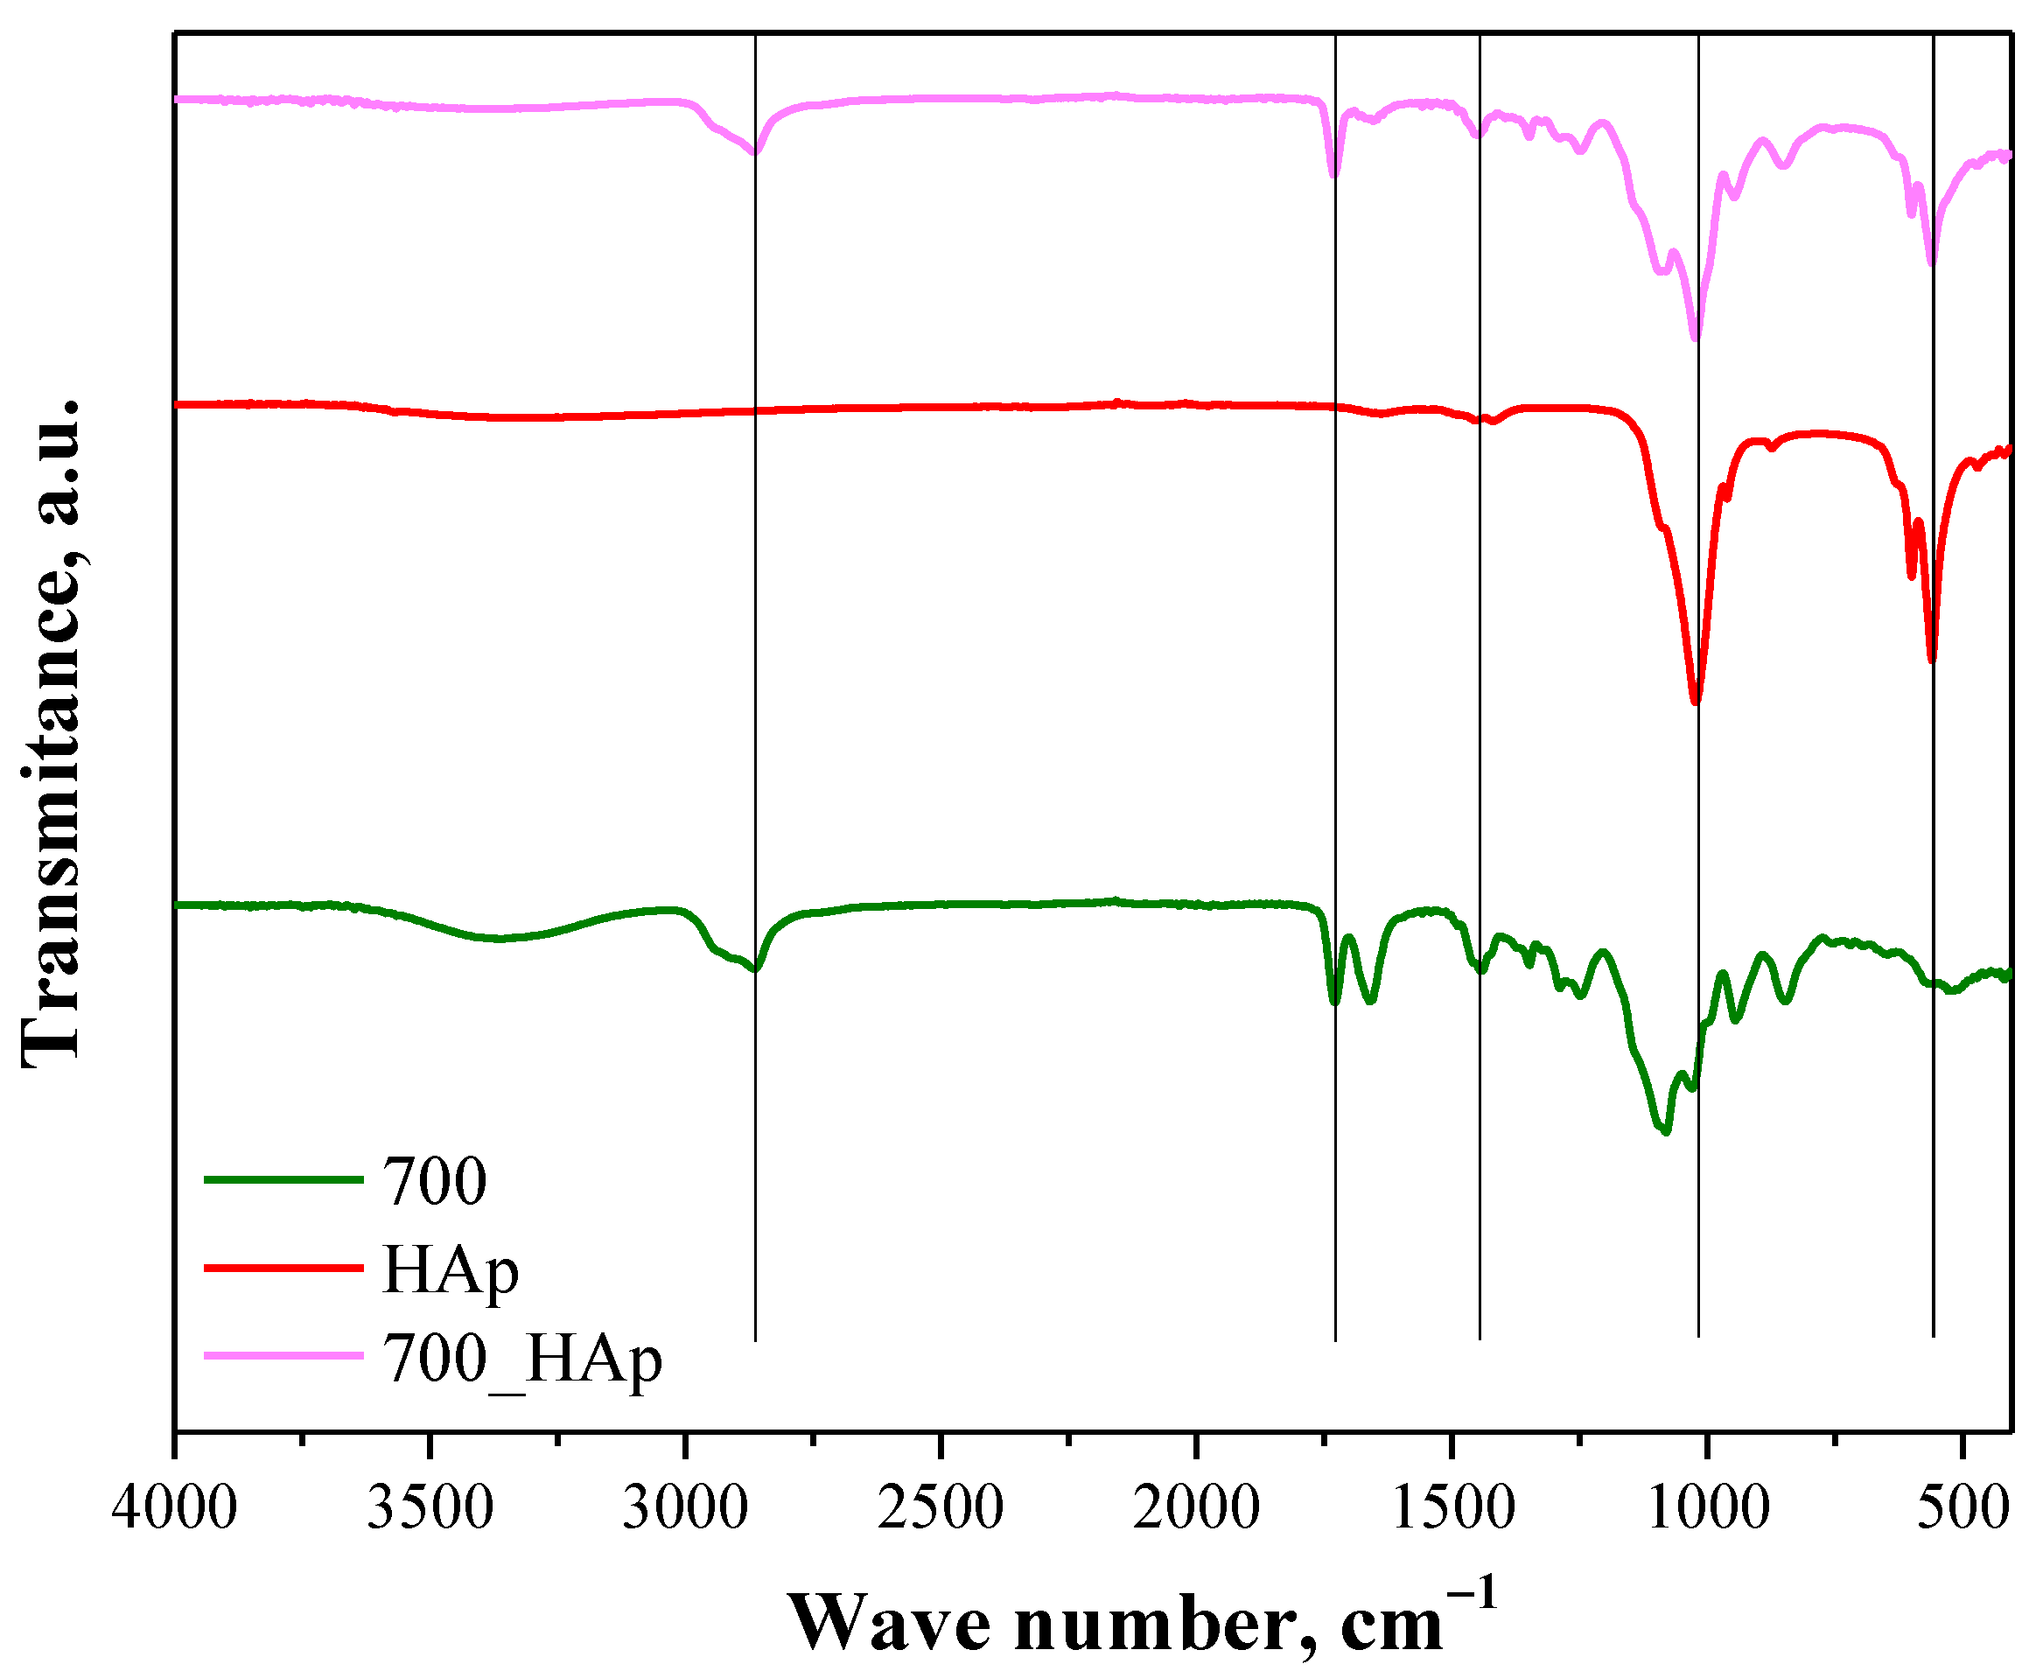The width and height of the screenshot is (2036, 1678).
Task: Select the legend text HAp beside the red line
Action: click(x=451, y=1269)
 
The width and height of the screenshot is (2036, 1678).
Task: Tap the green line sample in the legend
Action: click(x=283, y=1179)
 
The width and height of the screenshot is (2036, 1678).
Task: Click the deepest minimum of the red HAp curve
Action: click(x=1695, y=702)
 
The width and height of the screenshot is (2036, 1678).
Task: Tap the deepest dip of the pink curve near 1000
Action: click(x=1694, y=338)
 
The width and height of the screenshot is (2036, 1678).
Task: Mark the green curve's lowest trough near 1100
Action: click(x=1666, y=1131)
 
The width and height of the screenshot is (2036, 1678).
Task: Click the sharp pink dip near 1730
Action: click(x=1334, y=175)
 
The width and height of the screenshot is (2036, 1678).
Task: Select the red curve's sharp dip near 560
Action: click(x=1932, y=661)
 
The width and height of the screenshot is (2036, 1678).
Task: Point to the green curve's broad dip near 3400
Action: click(x=498, y=939)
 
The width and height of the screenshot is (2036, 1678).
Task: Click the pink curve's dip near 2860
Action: click(x=755, y=151)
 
